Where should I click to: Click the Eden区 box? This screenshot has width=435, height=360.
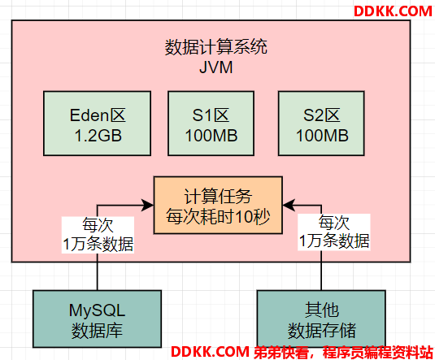point(97,124)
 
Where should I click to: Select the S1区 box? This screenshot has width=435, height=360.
point(211,124)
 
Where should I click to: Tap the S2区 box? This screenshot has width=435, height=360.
point(321,124)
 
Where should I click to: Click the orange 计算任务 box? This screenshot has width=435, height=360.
point(218,206)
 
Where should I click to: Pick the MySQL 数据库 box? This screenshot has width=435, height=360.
point(97,319)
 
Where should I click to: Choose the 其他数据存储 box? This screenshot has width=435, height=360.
point(321,319)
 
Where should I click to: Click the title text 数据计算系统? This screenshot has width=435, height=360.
point(216,47)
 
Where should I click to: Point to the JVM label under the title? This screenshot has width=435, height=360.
point(216,67)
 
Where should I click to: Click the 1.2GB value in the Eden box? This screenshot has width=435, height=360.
point(98,136)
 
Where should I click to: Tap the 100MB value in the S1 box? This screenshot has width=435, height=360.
point(211,136)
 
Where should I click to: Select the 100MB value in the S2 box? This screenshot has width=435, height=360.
point(322,136)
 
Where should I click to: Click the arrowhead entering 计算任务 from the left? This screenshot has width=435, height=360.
point(148,206)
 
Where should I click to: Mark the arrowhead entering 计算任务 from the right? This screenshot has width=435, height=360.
point(289,206)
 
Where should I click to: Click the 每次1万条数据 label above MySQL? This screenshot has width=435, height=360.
point(98,235)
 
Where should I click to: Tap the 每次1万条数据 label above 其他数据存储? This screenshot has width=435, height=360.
point(334,232)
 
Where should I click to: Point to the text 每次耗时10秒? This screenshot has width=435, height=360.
point(218,217)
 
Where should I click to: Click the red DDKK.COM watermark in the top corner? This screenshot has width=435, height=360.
point(393,11)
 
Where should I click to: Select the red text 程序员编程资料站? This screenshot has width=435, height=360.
point(377,352)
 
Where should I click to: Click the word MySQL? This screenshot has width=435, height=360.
point(97,310)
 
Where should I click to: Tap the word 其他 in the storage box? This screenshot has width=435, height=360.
point(322,310)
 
